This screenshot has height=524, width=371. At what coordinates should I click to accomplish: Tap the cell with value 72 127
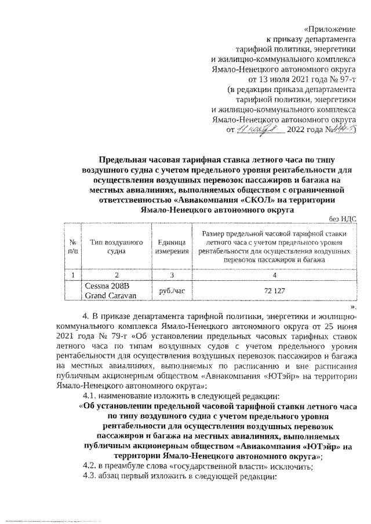(x=275, y=290)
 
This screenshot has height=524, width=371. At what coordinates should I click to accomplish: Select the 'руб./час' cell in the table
(x=172, y=290)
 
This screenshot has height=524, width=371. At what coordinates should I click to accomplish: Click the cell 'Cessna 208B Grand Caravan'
(x=110, y=291)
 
